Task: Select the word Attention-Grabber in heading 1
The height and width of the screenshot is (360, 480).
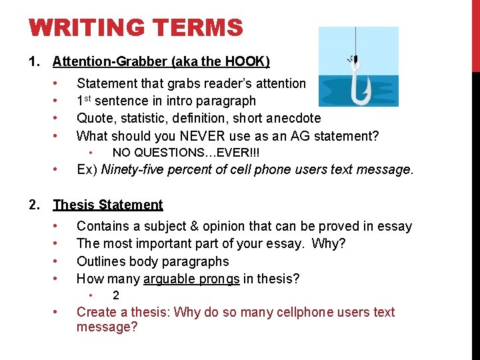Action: point(110,62)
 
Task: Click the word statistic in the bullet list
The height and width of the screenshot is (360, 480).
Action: point(151,119)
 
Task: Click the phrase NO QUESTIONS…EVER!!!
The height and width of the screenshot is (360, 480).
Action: point(186,153)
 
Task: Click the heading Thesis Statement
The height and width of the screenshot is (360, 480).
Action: point(108,205)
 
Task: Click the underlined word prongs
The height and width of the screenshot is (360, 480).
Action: point(218,279)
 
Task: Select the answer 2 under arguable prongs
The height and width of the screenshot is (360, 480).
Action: point(116,295)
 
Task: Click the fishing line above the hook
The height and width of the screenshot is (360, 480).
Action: point(355,41)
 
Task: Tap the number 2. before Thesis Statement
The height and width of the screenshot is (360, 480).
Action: point(35,205)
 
